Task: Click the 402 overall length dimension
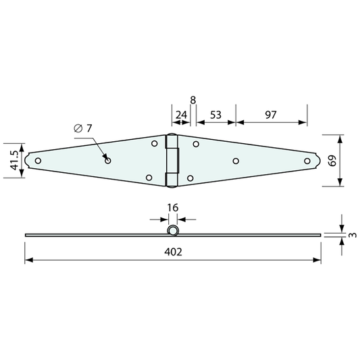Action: click(173, 252)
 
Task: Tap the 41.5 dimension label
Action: click(14, 161)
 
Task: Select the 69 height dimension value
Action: click(332, 161)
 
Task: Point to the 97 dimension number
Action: click(271, 115)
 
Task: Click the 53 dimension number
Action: click(215, 115)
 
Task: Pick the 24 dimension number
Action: click(182, 115)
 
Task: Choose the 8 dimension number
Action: click(193, 100)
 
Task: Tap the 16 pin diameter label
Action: click(173, 207)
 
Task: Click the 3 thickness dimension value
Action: click(353, 235)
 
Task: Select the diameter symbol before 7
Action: click(78, 128)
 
